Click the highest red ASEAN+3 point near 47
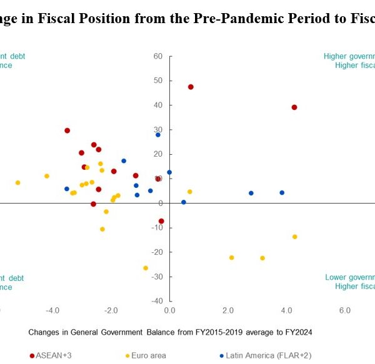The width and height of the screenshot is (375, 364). pos(191,87)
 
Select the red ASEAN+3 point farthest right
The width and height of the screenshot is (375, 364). pos(294,107)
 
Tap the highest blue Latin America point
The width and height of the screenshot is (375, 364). pos(158,135)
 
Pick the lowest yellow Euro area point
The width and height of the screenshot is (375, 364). pos(146,268)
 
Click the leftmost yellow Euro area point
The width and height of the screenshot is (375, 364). pos(17,183)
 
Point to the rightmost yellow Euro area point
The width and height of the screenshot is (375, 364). pos(294,237)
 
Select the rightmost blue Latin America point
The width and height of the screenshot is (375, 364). pos(282,193)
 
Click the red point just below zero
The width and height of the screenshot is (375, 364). pos(161,221)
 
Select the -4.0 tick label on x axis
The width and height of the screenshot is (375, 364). pos(52,310)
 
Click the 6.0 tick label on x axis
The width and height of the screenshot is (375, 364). pos(344,310)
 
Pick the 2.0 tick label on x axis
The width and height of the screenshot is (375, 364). pos(227,310)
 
